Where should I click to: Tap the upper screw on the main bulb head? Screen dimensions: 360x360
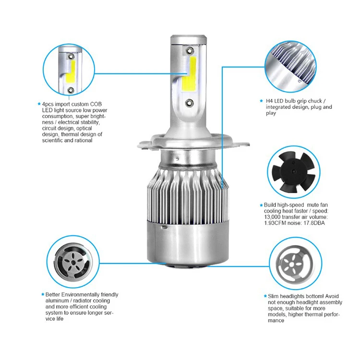[191, 49]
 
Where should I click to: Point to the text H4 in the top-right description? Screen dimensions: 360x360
[270, 101]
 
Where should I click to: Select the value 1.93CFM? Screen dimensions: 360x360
[277, 222]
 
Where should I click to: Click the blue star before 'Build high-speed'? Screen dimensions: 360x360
[261, 204]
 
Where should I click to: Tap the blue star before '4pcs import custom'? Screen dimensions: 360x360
[39, 104]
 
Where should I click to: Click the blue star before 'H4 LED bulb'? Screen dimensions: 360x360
[262, 101]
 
